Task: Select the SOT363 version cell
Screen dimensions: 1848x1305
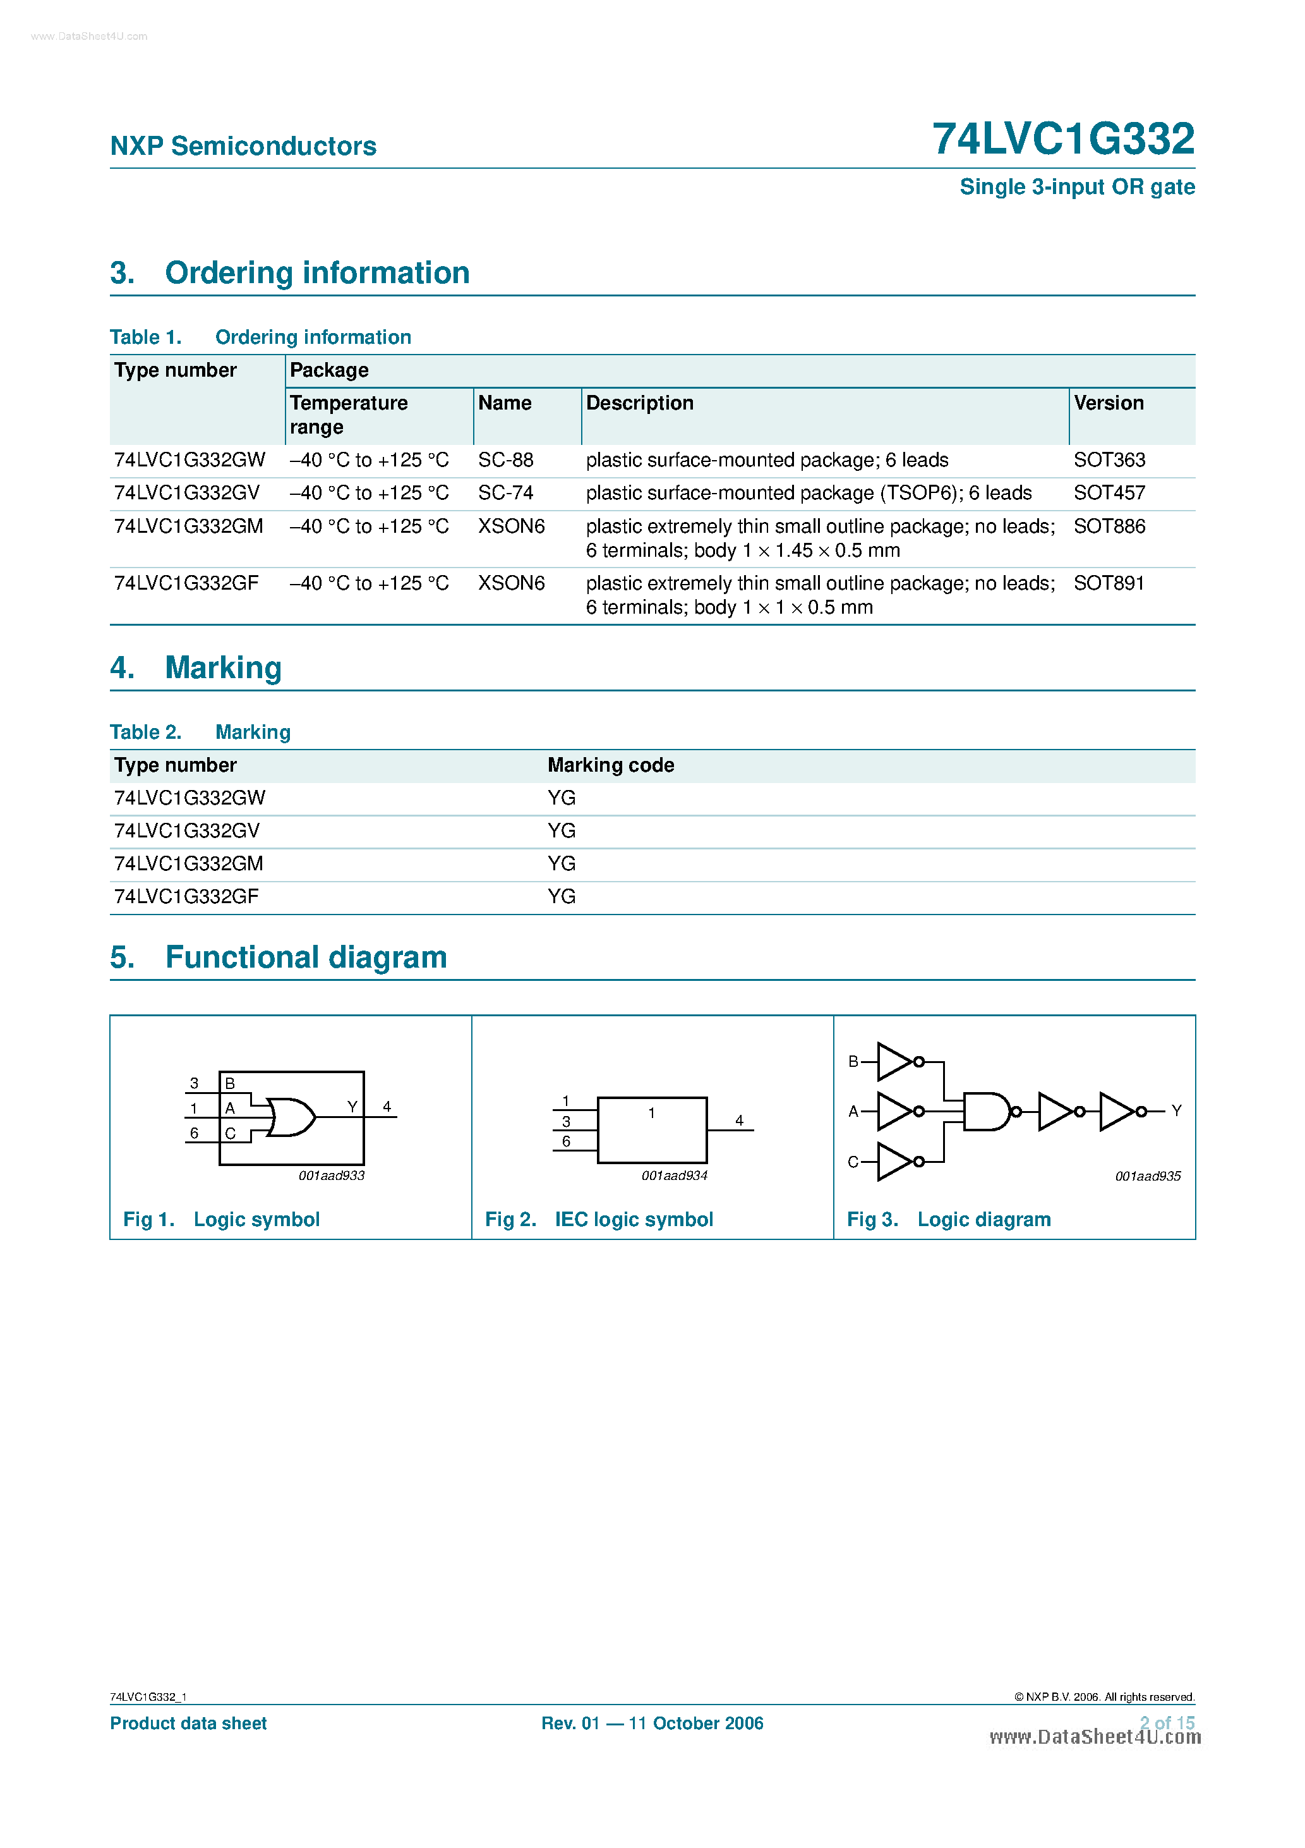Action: (x=1109, y=459)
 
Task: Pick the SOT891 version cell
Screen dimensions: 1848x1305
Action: (x=1108, y=583)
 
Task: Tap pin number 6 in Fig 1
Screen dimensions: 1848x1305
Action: (x=194, y=1133)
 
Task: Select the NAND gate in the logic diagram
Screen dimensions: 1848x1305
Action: (x=985, y=1112)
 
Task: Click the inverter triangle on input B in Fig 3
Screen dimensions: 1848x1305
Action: (x=893, y=1062)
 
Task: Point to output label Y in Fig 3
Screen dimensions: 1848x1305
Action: (x=1176, y=1110)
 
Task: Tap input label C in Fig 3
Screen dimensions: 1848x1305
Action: (x=853, y=1162)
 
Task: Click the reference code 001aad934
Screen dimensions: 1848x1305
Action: (x=673, y=1176)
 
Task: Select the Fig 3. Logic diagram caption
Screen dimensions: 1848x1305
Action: (x=949, y=1219)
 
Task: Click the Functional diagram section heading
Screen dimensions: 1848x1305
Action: (x=305, y=957)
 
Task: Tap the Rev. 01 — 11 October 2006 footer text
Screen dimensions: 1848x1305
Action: (x=652, y=1723)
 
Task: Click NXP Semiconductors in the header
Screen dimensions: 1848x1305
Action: (x=243, y=146)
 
